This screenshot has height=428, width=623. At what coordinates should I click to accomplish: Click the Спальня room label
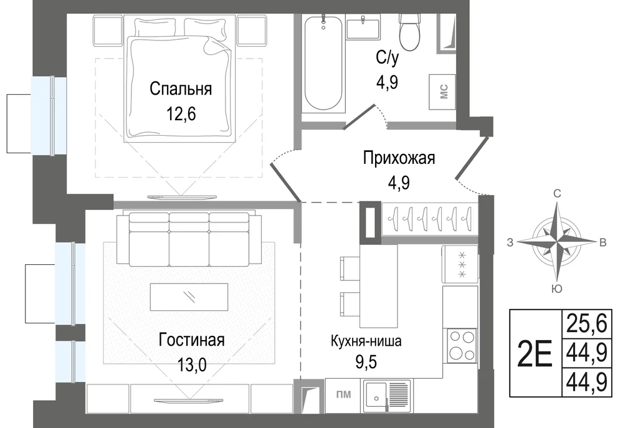click(x=181, y=89)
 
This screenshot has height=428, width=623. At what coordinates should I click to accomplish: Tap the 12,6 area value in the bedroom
click(x=181, y=114)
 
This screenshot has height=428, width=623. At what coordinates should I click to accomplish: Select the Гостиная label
click(x=191, y=340)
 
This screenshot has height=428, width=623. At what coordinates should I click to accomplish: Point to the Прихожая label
click(x=399, y=158)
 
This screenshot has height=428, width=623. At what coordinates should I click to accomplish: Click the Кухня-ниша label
click(x=366, y=341)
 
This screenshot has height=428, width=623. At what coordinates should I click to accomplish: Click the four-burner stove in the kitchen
click(x=462, y=346)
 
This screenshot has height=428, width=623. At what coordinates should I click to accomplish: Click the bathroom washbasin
click(x=363, y=26)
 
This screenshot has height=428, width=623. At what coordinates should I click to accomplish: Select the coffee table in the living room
click(x=189, y=297)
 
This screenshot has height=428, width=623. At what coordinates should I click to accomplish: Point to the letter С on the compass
click(x=557, y=194)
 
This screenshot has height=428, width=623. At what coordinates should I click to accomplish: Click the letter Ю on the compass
click(x=557, y=289)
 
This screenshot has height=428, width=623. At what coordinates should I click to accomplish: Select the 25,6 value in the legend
click(x=587, y=324)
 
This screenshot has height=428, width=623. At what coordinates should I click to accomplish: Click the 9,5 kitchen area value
click(x=365, y=362)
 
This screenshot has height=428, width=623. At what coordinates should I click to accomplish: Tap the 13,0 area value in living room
click(x=192, y=364)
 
